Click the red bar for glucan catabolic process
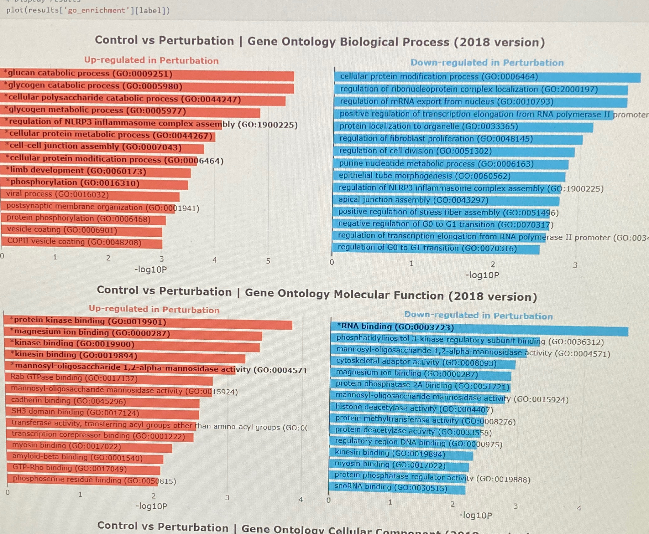(x=147, y=75)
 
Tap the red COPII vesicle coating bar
(x=81, y=243)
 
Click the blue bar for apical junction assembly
(x=445, y=201)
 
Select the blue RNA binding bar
(x=479, y=329)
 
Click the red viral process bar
(x=91, y=196)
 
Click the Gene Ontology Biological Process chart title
(x=320, y=42)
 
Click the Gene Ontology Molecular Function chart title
(x=317, y=294)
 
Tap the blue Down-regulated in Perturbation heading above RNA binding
(x=478, y=316)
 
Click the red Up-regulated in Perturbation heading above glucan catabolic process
(x=151, y=60)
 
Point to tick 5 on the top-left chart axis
(x=268, y=261)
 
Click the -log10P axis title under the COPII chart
(x=150, y=270)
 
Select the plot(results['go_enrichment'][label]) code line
(x=88, y=10)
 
